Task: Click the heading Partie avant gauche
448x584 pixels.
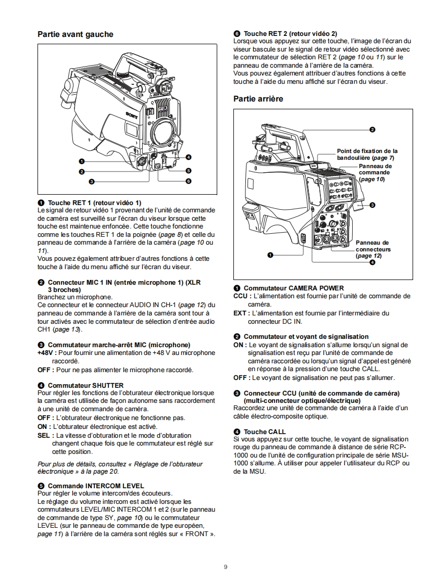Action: [75, 34]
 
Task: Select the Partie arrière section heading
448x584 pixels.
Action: [258, 98]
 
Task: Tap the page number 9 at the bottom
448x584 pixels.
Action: [225, 567]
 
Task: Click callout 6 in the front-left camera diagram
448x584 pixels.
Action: [189, 181]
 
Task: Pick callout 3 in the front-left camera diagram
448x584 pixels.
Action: [91, 182]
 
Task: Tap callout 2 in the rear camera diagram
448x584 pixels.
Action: [372, 129]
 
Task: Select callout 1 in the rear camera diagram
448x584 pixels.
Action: [270, 255]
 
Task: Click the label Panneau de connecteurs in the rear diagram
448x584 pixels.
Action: [372, 249]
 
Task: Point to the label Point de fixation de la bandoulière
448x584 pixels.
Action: [367, 154]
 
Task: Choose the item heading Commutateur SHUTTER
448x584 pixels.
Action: [85, 386]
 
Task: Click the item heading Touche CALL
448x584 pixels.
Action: [265, 431]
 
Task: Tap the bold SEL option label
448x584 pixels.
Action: [44, 435]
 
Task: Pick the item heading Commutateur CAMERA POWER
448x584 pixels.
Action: [293, 288]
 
